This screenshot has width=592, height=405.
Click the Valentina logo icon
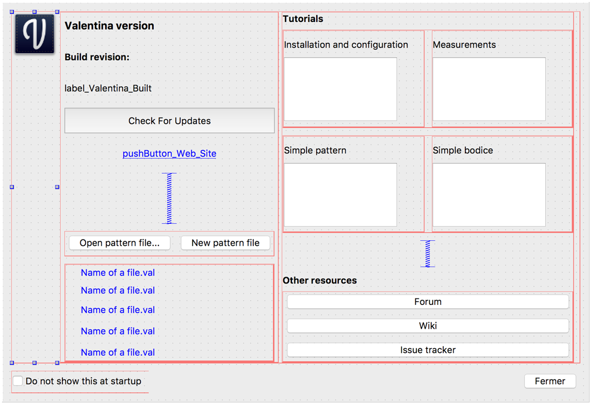tap(35, 35)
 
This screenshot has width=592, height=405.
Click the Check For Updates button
tap(169, 121)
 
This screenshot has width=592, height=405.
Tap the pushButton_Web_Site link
tap(169, 154)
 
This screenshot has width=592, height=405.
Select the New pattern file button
tap(225, 243)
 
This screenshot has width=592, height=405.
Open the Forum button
tap(428, 302)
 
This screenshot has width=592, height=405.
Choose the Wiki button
tap(428, 326)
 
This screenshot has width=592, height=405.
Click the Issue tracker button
tap(428, 350)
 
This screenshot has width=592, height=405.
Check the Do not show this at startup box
tap(18, 381)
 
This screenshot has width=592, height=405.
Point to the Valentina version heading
tap(109, 26)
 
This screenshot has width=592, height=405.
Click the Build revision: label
tap(97, 57)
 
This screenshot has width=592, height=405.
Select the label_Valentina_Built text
tap(108, 89)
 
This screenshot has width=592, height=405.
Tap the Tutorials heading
tap(303, 19)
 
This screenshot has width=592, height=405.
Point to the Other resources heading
tap(320, 281)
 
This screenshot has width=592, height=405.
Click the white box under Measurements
tap(489, 89)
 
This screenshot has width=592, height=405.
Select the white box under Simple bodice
tap(489, 195)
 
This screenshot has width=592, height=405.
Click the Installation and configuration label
tap(346, 45)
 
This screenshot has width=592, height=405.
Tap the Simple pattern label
tap(315, 150)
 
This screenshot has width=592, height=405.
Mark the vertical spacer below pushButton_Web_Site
tap(169, 198)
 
